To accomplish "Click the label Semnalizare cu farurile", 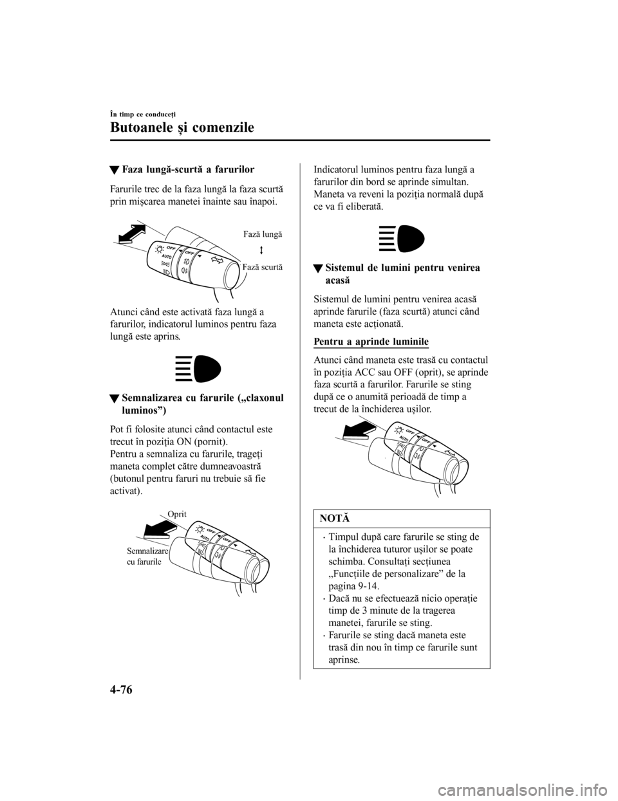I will tap(147, 556).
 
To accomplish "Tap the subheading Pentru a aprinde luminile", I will tap(371, 340).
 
